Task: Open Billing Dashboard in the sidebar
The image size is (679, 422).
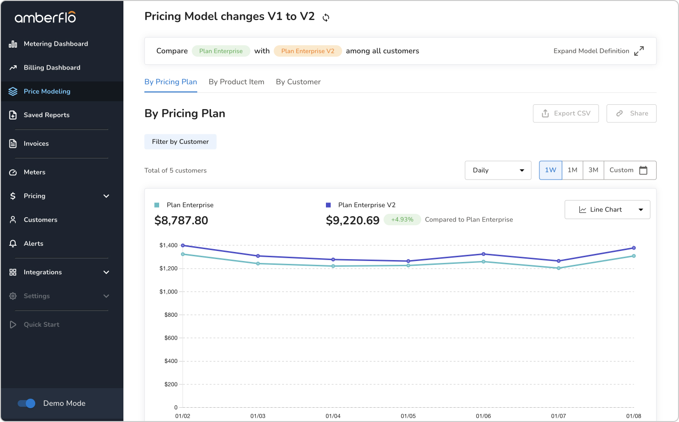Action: coord(52,68)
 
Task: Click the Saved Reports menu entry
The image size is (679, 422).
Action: coord(46,115)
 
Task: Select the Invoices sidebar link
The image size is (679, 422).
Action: coord(36,144)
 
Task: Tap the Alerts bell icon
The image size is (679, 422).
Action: coord(13,243)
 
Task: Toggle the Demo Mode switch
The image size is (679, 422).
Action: coord(27,403)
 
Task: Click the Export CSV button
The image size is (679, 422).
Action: coord(566,113)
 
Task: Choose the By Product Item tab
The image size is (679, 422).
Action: coord(236,82)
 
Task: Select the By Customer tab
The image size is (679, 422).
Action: coord(298,82)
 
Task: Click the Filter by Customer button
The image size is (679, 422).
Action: coord(180,141)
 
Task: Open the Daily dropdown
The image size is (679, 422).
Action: coord(498,170)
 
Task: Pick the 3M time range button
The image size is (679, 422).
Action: coord(593,170)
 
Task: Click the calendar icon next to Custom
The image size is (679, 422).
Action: coord(643,170)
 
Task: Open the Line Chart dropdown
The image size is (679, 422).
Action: coord(607,210)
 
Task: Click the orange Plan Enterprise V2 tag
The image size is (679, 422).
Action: coord(308,51)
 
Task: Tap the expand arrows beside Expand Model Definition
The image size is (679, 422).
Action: coord(639,51)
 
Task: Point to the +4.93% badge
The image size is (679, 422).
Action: coord(402,220)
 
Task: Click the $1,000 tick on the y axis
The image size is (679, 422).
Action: coord(168,292)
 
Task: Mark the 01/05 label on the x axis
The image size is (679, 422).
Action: coord(408,416)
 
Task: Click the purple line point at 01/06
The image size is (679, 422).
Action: coord(484,254)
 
